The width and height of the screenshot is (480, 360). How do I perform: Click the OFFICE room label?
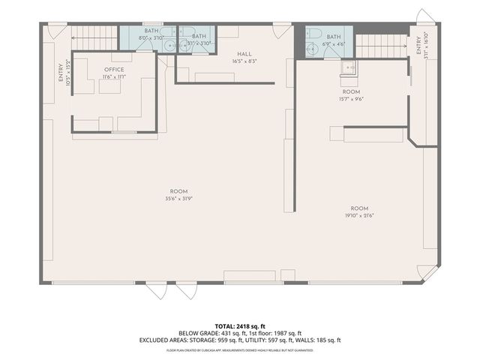[x=114, y=69]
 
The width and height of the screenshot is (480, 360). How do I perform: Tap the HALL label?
[x=244, y=54]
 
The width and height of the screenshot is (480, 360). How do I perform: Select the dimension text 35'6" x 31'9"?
[x=178, y=199]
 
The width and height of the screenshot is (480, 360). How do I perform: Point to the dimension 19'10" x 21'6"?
[x=359, y=216]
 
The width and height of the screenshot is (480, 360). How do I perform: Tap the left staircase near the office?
[x=94, y=35]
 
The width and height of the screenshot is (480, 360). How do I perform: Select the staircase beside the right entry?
[x=381, y=45]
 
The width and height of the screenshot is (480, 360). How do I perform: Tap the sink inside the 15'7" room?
[x=348, y=68]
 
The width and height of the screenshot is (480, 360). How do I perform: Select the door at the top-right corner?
[x=425, y=17]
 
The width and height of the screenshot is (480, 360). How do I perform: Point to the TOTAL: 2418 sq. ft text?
[x=239, y=325]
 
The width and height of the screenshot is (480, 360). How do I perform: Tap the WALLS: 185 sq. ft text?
[x=319, y=340]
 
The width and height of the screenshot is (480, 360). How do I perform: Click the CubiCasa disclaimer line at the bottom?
[x=239, y=349]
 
